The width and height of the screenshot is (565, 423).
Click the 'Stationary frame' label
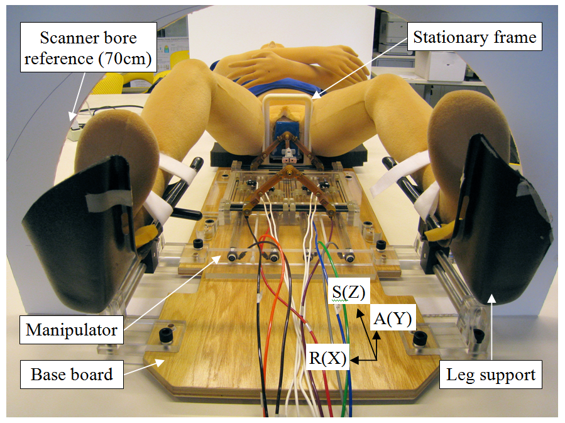474,38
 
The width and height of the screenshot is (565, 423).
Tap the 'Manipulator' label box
72,329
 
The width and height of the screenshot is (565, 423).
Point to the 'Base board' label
72,375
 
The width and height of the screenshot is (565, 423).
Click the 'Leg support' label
491,376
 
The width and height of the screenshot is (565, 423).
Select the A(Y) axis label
392,319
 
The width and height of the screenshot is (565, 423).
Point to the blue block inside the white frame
286,132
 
